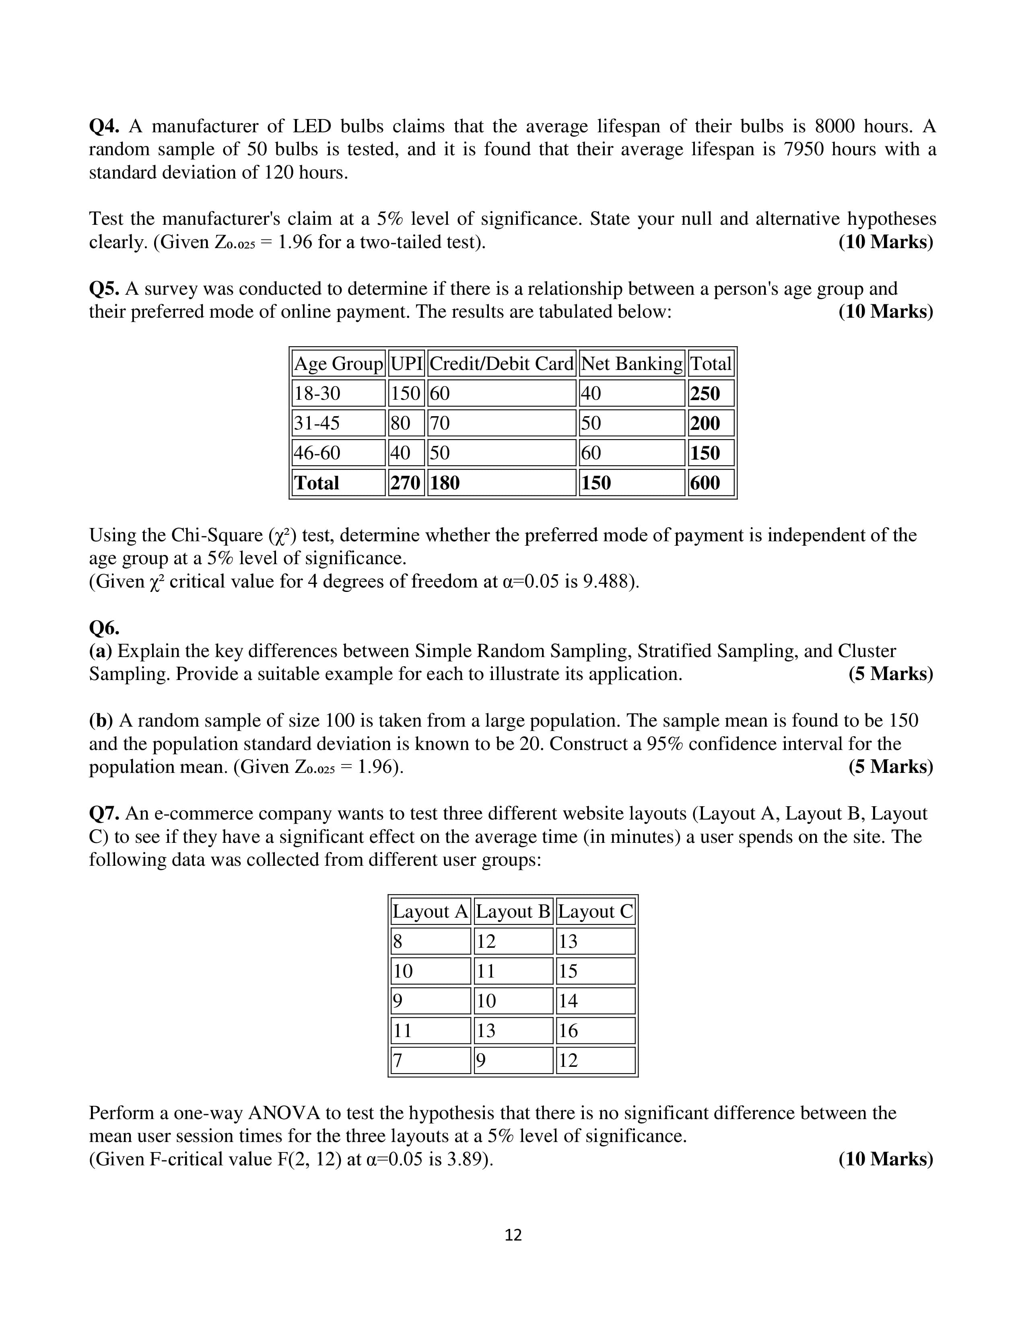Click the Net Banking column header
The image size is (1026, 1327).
coord(632,364)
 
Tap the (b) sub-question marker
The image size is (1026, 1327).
coord(101,721)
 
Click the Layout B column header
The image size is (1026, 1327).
coord(513,911)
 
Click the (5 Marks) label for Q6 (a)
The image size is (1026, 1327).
coord(890,674)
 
